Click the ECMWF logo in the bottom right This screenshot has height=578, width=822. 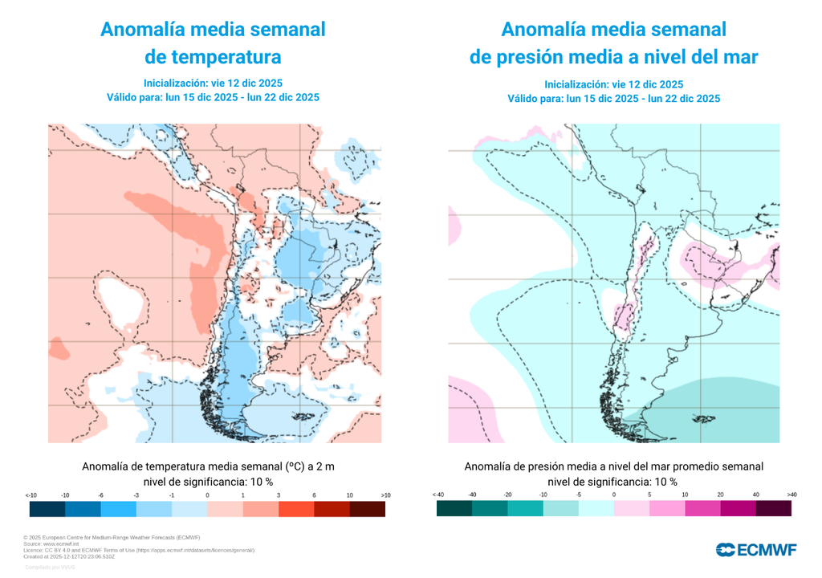[756, 550]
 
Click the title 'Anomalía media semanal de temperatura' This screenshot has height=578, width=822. [213, 43]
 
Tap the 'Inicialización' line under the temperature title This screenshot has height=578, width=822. [213, 83]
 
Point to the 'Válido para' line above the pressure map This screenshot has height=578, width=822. [613, 99]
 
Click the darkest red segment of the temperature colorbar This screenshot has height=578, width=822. [367, 509]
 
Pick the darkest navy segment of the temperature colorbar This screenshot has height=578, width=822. [47, 509]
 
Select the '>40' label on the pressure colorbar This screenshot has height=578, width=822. [791, 495]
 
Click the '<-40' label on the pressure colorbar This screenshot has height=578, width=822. [437, 495]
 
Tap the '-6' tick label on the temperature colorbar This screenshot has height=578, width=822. [100, 495]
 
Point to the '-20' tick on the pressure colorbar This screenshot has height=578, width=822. [508, 495]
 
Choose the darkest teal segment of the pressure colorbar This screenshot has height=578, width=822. [454, 508]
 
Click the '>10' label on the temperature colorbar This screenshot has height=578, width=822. [385, 495]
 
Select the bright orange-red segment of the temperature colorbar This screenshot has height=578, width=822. [296, 509]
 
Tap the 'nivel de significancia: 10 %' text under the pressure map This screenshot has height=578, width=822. [613, 482]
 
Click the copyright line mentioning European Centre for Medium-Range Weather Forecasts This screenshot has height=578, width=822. [112, 537]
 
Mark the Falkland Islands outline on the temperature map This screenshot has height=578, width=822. [303, 416]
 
